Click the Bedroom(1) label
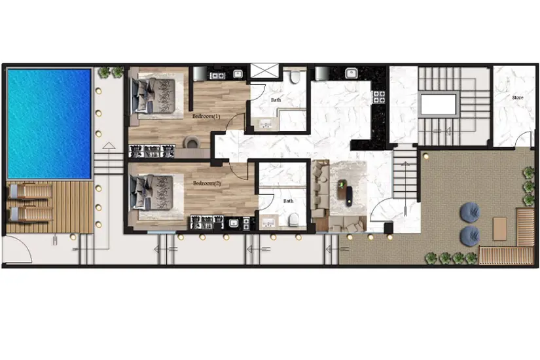pos(206,116)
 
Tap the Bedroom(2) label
pos(207,183)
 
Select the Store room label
pos(518,98)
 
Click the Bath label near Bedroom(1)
pos(276,100)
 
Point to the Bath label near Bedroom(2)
pos(288,201)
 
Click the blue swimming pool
pos(49,124)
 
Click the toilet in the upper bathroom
pos(295,77)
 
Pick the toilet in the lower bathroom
pos(294,219)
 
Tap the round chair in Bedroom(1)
pos(192,142)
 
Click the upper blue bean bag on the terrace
pos(469,211)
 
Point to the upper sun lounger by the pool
pos(30,192)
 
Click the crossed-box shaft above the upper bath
pos(264,71)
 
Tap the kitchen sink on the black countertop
pos(351,73)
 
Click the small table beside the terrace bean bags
pos(499,228)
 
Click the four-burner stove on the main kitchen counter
pos(378,97)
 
